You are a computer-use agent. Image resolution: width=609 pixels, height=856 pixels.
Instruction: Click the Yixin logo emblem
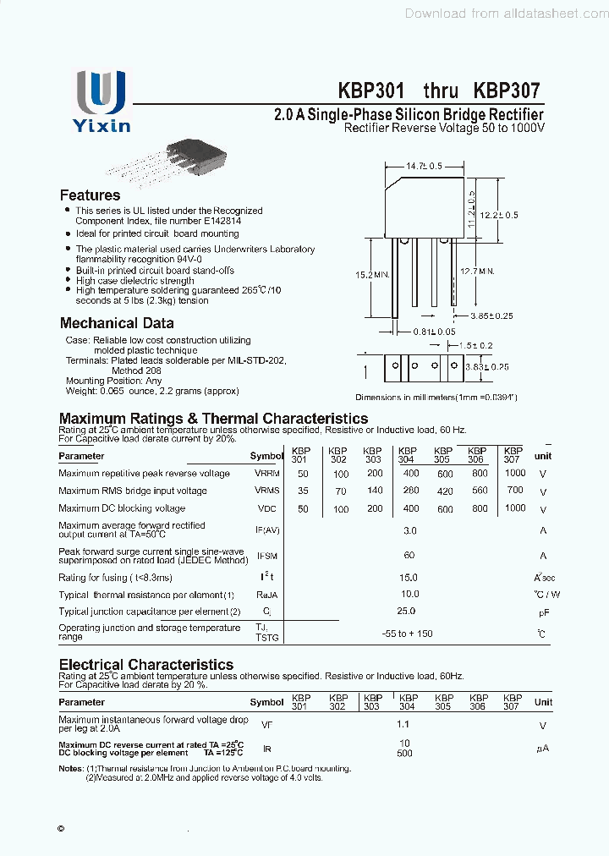click(x=101, y=92)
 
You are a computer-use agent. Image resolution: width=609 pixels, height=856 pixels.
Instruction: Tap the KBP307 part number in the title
click(x=507, y=91)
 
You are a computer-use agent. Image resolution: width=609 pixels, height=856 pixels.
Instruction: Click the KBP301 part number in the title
click(x=371, y=91)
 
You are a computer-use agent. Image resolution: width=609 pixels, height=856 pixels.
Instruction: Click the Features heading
click(x=90, y=195)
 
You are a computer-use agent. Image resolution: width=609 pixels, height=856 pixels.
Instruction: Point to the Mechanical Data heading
click(x=117, y=323)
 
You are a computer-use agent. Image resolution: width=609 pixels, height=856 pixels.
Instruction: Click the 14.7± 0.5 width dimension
click(x=425, y=167)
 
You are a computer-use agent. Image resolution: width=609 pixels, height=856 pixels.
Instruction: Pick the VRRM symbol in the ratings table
click(x=266, y=474)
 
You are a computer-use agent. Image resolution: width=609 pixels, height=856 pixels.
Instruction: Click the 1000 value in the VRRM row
click(x=514, y=474)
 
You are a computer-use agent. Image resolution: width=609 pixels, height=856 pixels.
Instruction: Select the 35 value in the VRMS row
click(x=303, y=491)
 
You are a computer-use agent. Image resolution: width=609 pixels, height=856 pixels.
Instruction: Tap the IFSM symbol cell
click(x=266, y=556)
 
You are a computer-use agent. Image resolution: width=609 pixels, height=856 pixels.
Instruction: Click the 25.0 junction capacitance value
click(x=407, y=611)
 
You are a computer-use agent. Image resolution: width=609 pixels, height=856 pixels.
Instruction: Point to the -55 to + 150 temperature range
click(x=407, y=633)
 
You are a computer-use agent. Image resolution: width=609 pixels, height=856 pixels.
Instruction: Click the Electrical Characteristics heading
click(x=145, y=665)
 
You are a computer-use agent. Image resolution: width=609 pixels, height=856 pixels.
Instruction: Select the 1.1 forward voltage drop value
click(x=403, y=725)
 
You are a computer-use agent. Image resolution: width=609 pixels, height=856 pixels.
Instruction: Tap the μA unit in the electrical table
click(x=542, y=749)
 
